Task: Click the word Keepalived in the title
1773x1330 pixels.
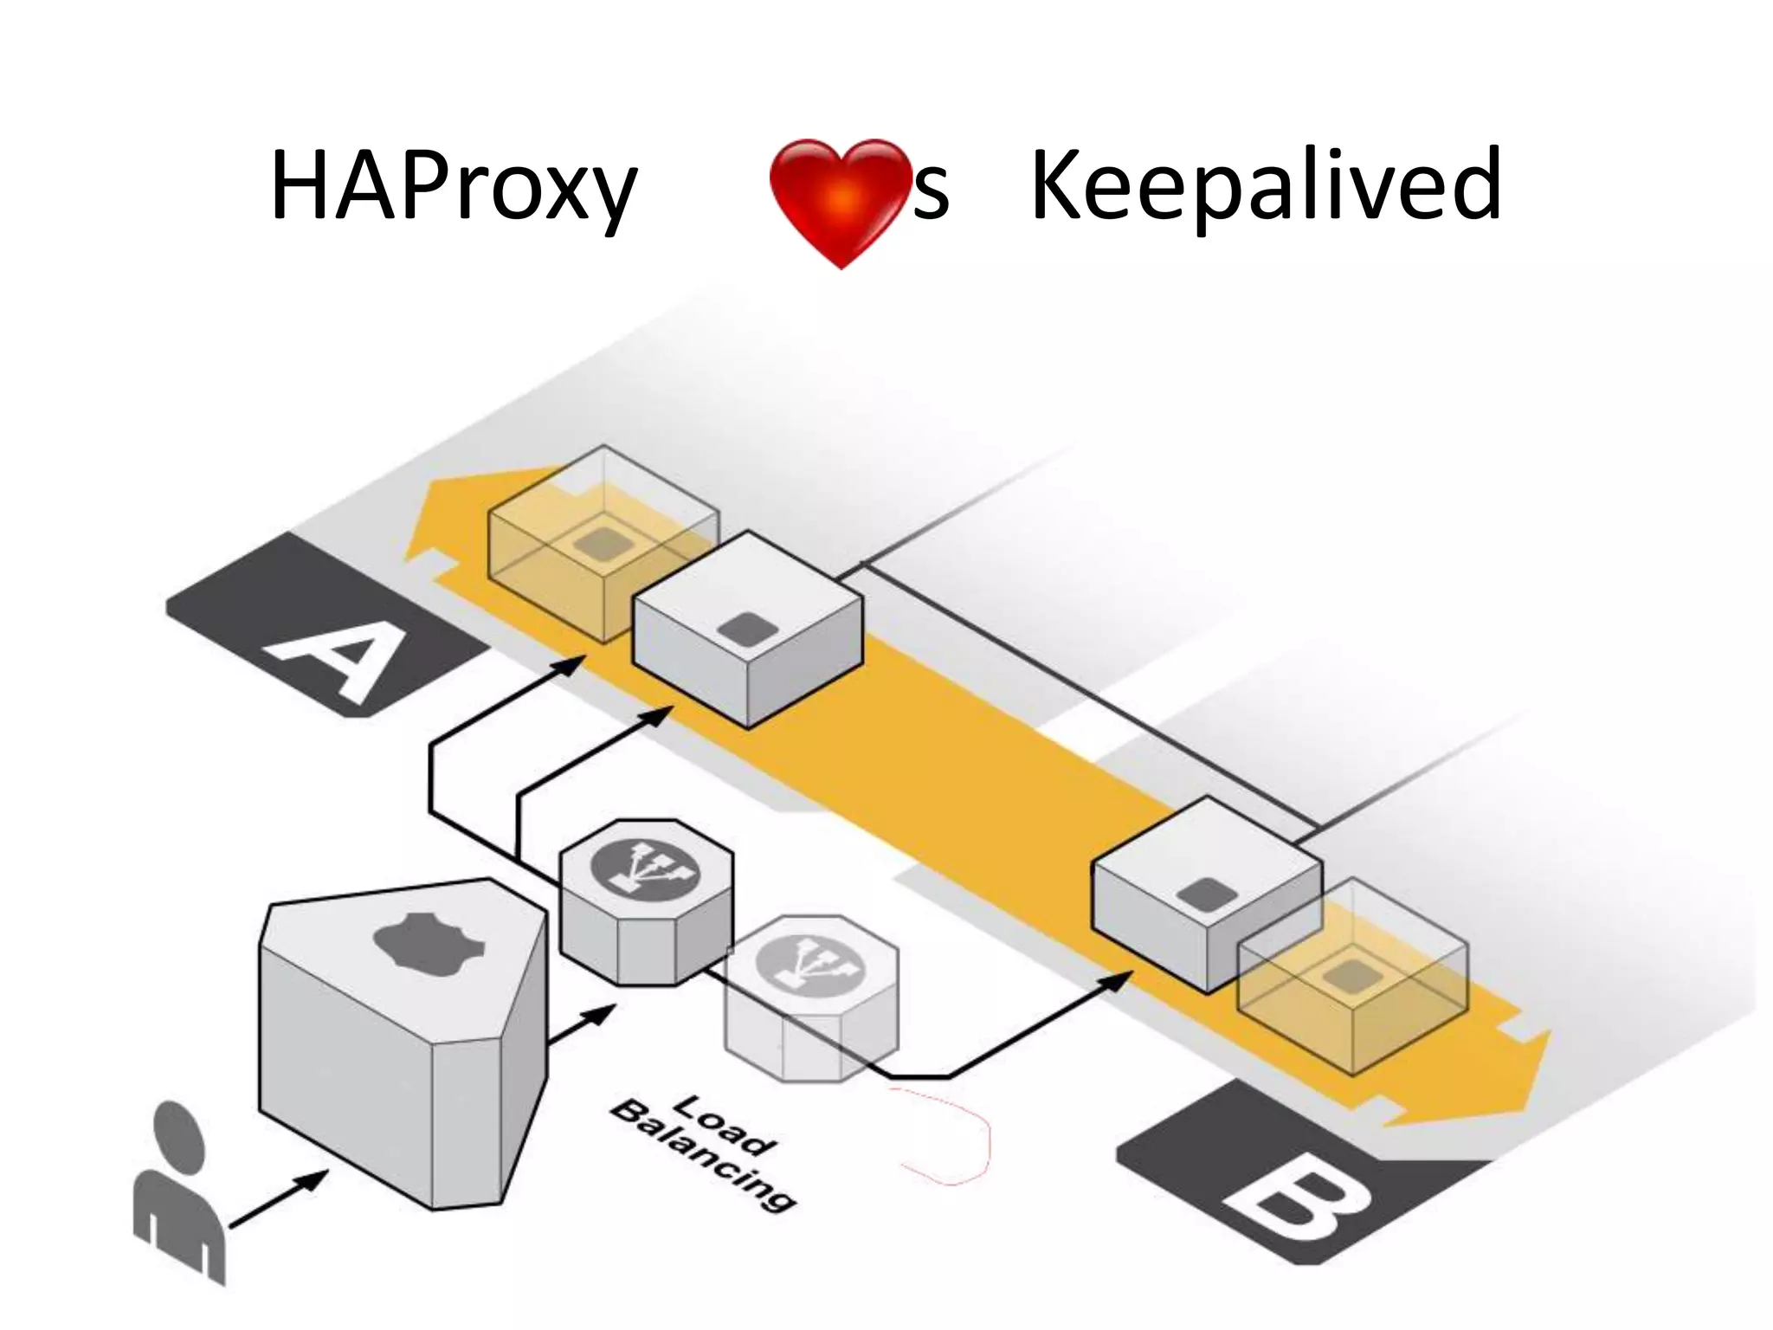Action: [x=1266, y=185]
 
